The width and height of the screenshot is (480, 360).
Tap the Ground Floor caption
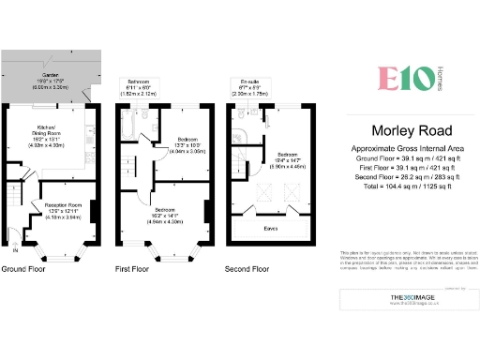pos(24,269)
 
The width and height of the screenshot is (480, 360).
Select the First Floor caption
pos(134,269)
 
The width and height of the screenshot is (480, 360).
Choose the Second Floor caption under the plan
pos(247,269)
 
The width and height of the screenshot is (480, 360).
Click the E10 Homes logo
pos(399,78)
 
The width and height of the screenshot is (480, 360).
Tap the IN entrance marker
pos(13,250)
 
